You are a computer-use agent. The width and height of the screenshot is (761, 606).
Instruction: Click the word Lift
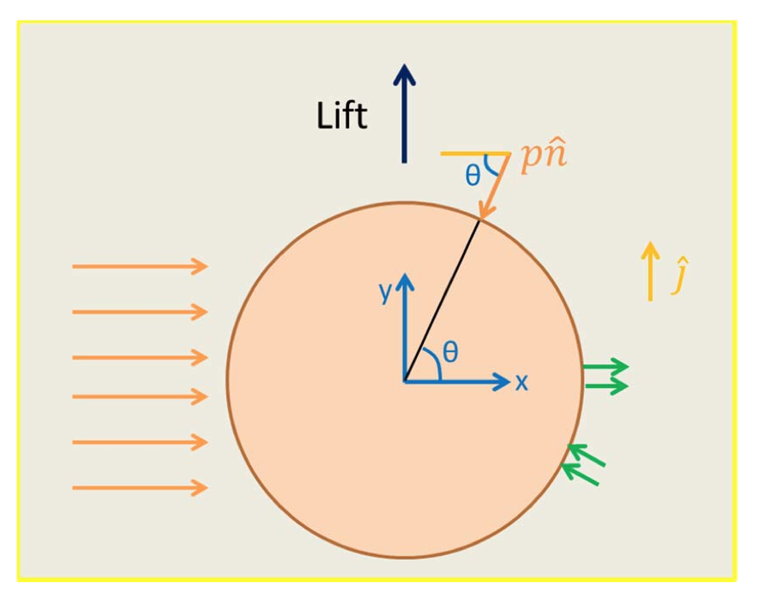point(341,116)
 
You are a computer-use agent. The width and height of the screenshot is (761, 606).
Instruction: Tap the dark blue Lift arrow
point(403,113)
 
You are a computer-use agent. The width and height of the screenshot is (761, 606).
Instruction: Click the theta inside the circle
point(450,351)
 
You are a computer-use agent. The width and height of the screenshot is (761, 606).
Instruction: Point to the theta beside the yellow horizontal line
point(472,174)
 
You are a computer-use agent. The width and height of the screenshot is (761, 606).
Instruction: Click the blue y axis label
point(385,292)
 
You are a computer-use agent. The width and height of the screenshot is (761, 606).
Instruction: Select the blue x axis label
point(521,382)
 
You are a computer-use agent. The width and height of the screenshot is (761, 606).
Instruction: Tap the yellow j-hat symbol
point(680,275)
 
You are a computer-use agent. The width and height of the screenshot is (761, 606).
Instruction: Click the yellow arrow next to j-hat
point(650,272)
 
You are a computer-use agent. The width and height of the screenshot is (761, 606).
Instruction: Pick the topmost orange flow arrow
point(140,266)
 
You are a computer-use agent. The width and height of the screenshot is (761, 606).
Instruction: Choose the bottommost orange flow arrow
point(140,488)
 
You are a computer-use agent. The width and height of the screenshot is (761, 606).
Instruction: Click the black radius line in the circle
point(442,300)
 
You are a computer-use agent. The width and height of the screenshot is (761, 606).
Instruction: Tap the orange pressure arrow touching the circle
point(495,187)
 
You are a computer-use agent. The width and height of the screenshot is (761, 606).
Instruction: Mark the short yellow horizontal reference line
point(475,154)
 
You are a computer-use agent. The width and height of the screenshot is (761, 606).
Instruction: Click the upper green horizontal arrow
point(606,366)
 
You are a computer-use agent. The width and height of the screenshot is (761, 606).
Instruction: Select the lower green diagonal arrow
point(580,473)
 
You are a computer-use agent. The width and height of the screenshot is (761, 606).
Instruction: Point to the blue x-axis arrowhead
point(501,382)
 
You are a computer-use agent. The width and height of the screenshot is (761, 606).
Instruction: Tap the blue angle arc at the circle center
point(433,363)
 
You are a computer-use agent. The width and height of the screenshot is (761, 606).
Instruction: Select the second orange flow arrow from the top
point(140,312)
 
